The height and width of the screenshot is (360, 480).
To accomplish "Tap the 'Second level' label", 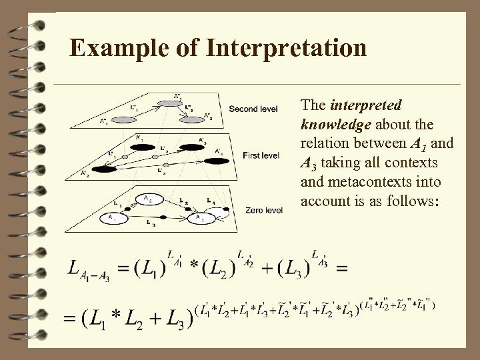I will click(254, 109).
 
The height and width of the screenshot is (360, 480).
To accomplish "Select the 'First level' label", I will click(261, 155).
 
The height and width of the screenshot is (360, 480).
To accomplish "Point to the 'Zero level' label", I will click(263, 209).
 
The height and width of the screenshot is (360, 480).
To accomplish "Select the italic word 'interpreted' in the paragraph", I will click(365, 106).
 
